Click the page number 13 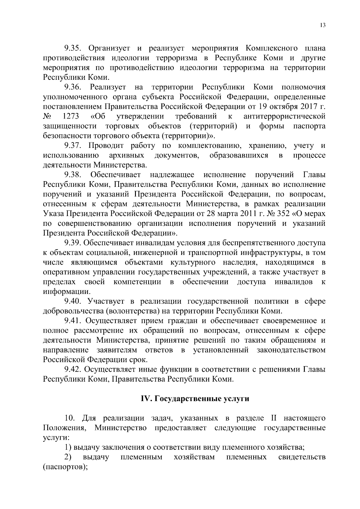point(322,25)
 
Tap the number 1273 point(71,116)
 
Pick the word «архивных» point(127,155)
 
